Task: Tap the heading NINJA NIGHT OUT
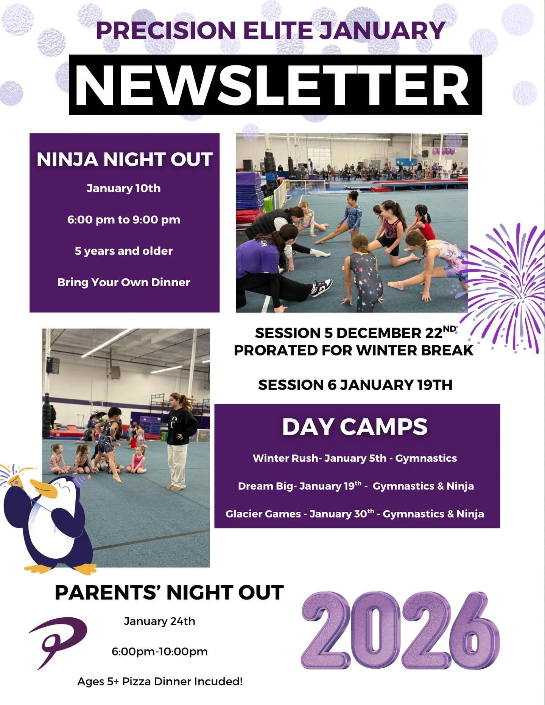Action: coord(125,160)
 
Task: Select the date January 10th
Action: coord(124,188)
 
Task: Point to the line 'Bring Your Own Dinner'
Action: coord(124,283)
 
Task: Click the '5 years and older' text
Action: coord(124,251)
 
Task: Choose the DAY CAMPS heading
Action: coord(355,427)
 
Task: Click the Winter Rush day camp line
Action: coord(355,458)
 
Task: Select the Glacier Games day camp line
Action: coord(355,514)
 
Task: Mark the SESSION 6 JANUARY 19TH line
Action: coord(355,385)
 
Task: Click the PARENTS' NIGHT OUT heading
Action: coord(169,593)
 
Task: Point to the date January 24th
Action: coord(159,621)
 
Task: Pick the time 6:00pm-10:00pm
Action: coord(159,652)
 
